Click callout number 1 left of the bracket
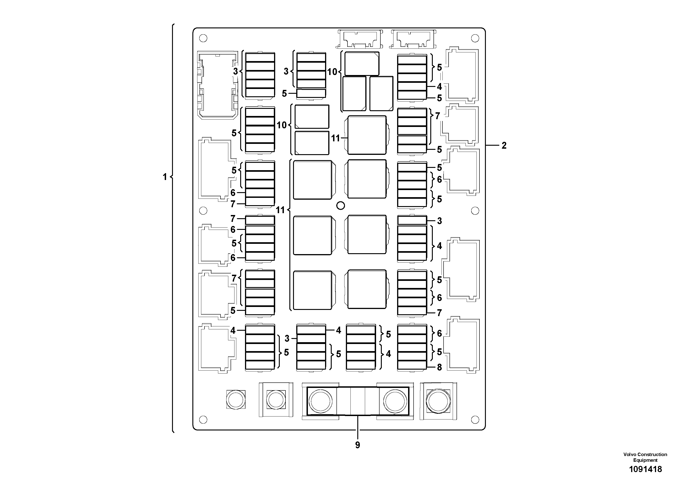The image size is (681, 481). click(165, 177)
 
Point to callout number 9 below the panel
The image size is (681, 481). click(358, 445)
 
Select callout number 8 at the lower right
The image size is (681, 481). click(439, 367)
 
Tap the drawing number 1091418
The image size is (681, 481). click(645, 469)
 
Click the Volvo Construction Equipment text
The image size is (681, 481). click(645, 457)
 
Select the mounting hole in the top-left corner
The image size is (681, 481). click(203, 38)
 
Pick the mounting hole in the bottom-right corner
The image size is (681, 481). click(475, 419)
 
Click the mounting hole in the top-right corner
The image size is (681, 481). click(475, 38)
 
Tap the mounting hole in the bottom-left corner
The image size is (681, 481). click(203, 419)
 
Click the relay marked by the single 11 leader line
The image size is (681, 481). click(367, 135)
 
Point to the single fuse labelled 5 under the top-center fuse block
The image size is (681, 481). click(311, 93)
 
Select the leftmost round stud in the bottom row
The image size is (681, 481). click(236, 399)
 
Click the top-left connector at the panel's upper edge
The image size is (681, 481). click(359, 39)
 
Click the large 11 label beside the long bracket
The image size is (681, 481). click(280, 210)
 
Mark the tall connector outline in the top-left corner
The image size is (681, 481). click(218, 85)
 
